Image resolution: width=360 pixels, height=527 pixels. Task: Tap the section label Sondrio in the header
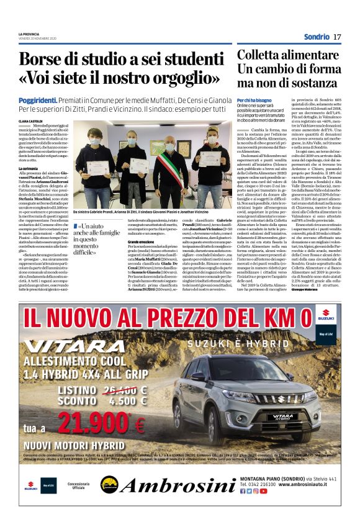coord(317,37)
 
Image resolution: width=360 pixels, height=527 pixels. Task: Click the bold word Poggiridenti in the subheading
coord(38,99)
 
